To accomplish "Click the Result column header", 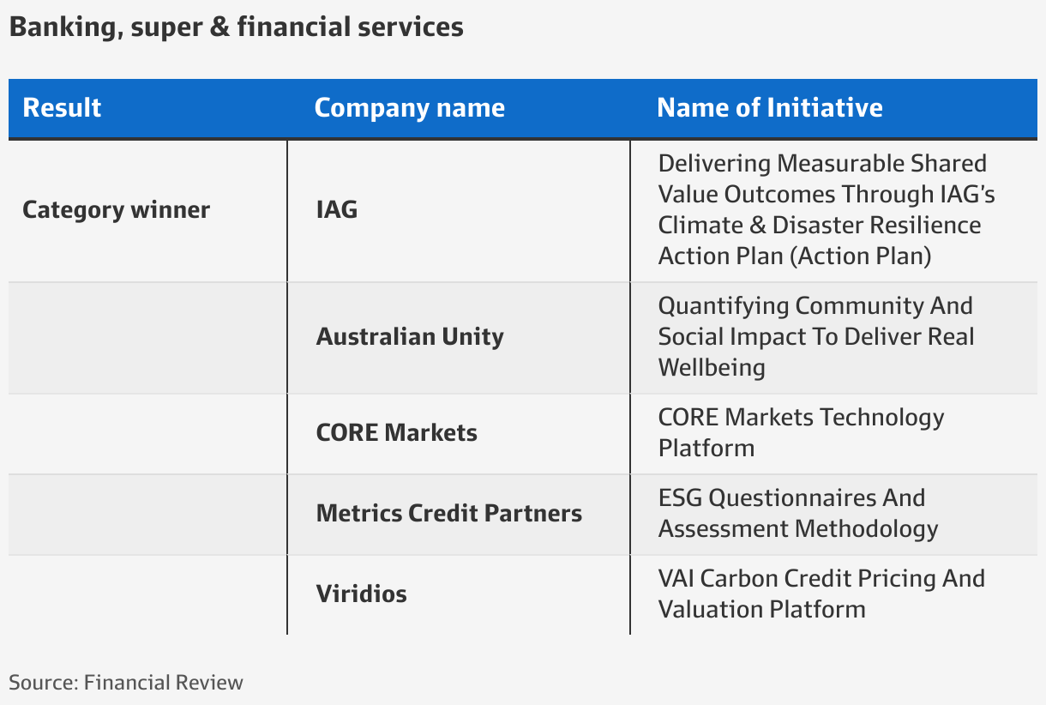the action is click(62, 108).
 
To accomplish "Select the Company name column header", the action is click(410, 108).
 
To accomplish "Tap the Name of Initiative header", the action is click(770, 108).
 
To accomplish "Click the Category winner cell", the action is click(117, 210).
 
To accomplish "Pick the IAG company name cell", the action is click(337, 209).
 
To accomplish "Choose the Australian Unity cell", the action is click(410, 337).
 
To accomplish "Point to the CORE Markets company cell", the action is click(396, 432).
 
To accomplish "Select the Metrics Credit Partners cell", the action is click(448, 514).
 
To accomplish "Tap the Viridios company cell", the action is click(362, 594).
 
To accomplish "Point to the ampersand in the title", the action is click(219, 27).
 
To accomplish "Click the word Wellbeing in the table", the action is click(712, 368).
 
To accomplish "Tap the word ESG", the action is click(680, 498).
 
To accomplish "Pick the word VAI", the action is click(676, 579).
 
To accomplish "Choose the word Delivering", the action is click(714, 165).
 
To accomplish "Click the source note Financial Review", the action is click(164, 683).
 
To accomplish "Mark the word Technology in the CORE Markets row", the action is click(882, 419).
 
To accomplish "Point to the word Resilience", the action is click(923, 226).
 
